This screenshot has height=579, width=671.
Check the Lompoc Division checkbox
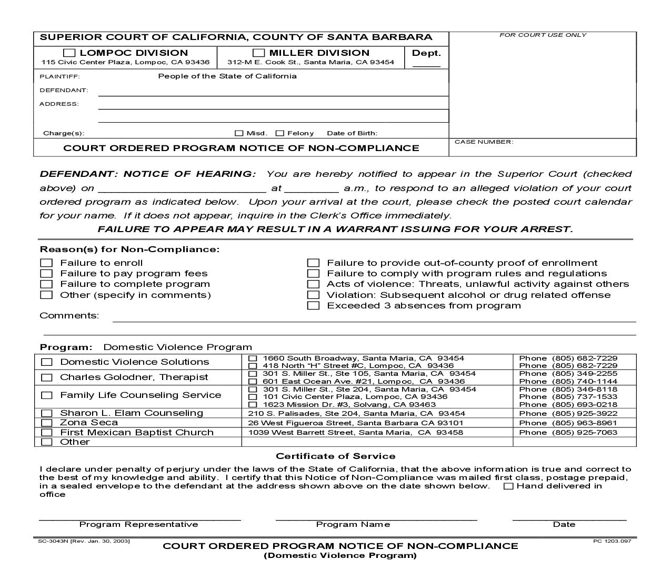pyautogui.click(x=69, y=53)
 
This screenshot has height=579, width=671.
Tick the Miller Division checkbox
pyautogui.click(x=258, y=53)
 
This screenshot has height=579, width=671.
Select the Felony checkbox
pyautogui.click(x=280, y=133)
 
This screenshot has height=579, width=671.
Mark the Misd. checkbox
pyautogui.click(x=239, y=133)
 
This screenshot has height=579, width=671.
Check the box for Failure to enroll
pyautogui.click(x=47, y=263)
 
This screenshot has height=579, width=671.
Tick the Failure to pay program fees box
pyautogui.click(x=47, y=273)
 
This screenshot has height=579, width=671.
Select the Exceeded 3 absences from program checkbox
pyautogui.click(x=313, y=305)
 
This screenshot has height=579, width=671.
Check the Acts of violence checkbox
pyautogui.click(x=313, y=284)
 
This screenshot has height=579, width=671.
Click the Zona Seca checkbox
pyautogui.click(x=47, y=423)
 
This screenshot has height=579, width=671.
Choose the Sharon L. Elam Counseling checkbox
pyautogui.click(x=47, y=413)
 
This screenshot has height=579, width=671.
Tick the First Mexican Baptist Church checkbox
pyautogui.click(x=47, y=432)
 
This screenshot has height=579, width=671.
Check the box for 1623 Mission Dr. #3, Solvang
pyautogui.click(x=253, y=405)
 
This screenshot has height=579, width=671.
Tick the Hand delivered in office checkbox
pyautogui.click(x=508, y=486)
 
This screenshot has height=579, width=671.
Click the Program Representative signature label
pyautogui.click(x=138, y=524)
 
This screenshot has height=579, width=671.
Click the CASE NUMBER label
pyautogui.click(x=484, y=142)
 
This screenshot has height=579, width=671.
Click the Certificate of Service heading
pyautogui.click(x=335, y=456)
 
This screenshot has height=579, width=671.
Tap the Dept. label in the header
pyautogui.click(x=426, y=53)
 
